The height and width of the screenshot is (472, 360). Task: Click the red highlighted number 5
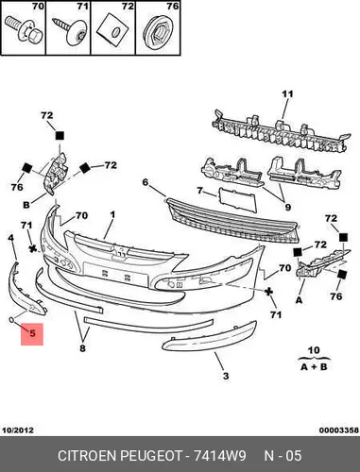(32, 333)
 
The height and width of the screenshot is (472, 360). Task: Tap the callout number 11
(287, 94)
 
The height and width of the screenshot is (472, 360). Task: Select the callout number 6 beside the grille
(145, 182)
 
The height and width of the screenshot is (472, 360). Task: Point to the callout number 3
(226, 376)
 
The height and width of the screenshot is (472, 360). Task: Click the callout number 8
(82, 348)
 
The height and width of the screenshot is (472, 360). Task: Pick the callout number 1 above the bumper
(112, 215)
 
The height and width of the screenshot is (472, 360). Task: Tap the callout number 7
(199, 191)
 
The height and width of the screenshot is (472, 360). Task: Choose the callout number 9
(287, 208)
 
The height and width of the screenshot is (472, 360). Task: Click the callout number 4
(11, 238)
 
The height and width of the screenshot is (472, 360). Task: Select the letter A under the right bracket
(299, 300)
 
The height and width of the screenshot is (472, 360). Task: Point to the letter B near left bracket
(26, 205)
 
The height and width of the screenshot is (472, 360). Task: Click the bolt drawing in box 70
(25, 29)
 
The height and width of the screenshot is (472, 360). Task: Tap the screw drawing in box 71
(69, 31)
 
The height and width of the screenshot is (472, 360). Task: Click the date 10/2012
(18, 430)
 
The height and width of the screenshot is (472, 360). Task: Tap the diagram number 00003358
(338, 430)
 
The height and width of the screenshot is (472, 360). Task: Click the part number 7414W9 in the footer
(219, 456)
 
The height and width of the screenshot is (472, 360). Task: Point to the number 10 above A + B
(314, 350)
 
